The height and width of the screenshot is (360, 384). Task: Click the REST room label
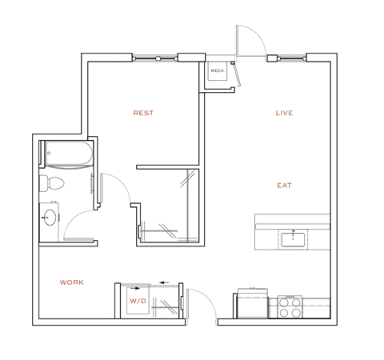click(x=143, y=114)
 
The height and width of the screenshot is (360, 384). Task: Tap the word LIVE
click(x=284, y=114)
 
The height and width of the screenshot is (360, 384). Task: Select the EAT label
click(x=284, y=186)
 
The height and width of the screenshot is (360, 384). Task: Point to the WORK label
click(x=72, y=282)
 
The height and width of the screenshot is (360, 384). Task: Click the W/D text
click(x=137, y=301)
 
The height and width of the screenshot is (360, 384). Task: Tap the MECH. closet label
click(x=217, y=71)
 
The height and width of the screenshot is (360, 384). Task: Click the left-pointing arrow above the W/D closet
click(x=165, y=282)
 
